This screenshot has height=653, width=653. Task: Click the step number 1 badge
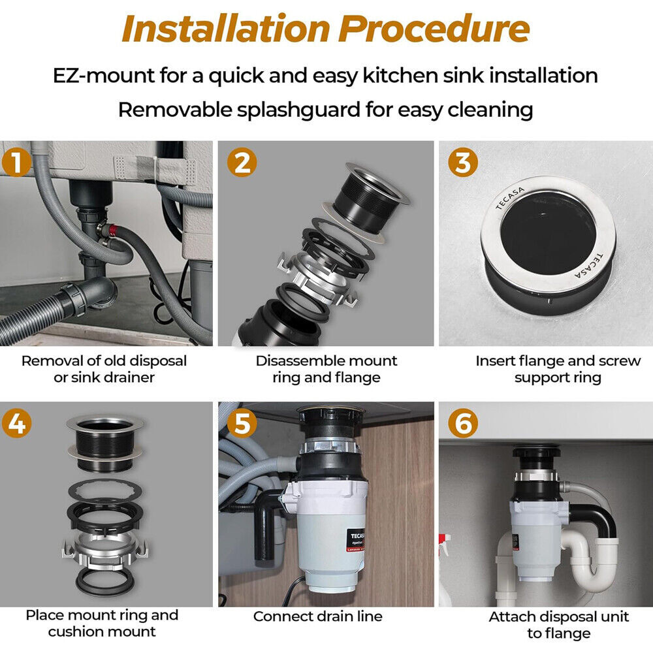click(x=17, y=163)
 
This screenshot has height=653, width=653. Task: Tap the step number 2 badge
click(x=242, y=163)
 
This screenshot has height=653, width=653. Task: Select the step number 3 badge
click(x=463, y=163)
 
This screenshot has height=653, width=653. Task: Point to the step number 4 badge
click(x=17, y=424)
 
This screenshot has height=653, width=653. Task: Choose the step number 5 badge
click(x=242, y=424)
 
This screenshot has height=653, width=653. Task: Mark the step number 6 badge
click(x=463, y=424)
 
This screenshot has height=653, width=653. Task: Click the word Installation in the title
click(x=224, y=29)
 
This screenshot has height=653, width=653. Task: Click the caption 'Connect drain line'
click(x=317, y=616)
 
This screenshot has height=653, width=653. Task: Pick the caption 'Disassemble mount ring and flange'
click(x=326, y=369)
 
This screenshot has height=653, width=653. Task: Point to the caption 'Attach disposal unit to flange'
click(x=558, y=624)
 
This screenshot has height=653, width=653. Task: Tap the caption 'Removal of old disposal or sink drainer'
click(x=104, y=369)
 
